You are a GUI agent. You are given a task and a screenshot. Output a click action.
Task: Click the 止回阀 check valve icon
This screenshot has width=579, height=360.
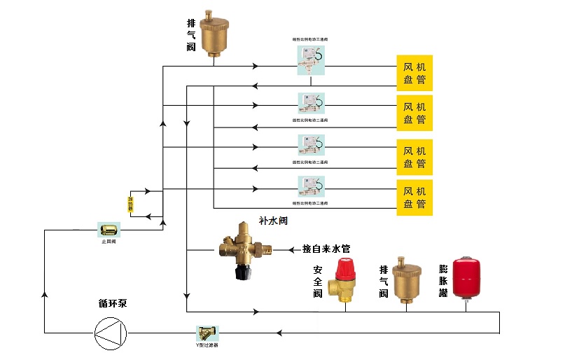[109, 229]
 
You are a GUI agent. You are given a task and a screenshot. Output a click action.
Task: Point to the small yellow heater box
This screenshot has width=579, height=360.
[130, 204]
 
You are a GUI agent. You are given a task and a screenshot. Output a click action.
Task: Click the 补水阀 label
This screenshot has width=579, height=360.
[273, 221]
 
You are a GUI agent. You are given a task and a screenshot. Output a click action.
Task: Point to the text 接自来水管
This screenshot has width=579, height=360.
[326, 249]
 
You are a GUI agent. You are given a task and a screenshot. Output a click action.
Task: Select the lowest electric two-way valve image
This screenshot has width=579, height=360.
[310, 188]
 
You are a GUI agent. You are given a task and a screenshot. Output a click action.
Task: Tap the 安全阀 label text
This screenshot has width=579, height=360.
[318, 281]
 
